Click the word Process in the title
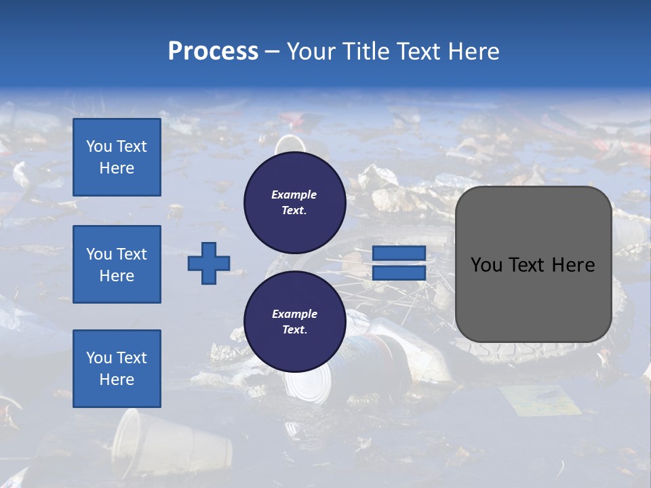(x=213, y=51)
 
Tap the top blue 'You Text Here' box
(x=117, y=157)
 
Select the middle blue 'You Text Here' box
(x=117, y=264)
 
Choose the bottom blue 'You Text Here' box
(x=117, y=369)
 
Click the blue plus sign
(x=209, y=263)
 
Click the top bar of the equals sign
(x=399, y=253)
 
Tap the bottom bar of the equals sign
(x=399, y=273)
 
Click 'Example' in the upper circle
(x=294, y=195)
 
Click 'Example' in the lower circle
(x=294, y=314)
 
